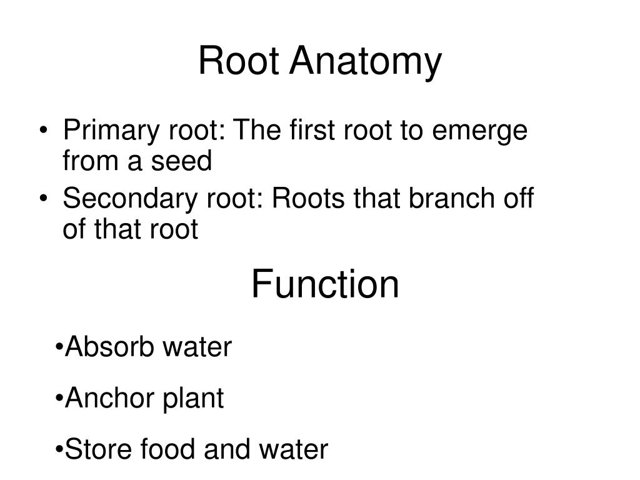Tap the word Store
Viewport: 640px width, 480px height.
[96, 449]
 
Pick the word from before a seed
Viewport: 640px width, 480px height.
[89, 162]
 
